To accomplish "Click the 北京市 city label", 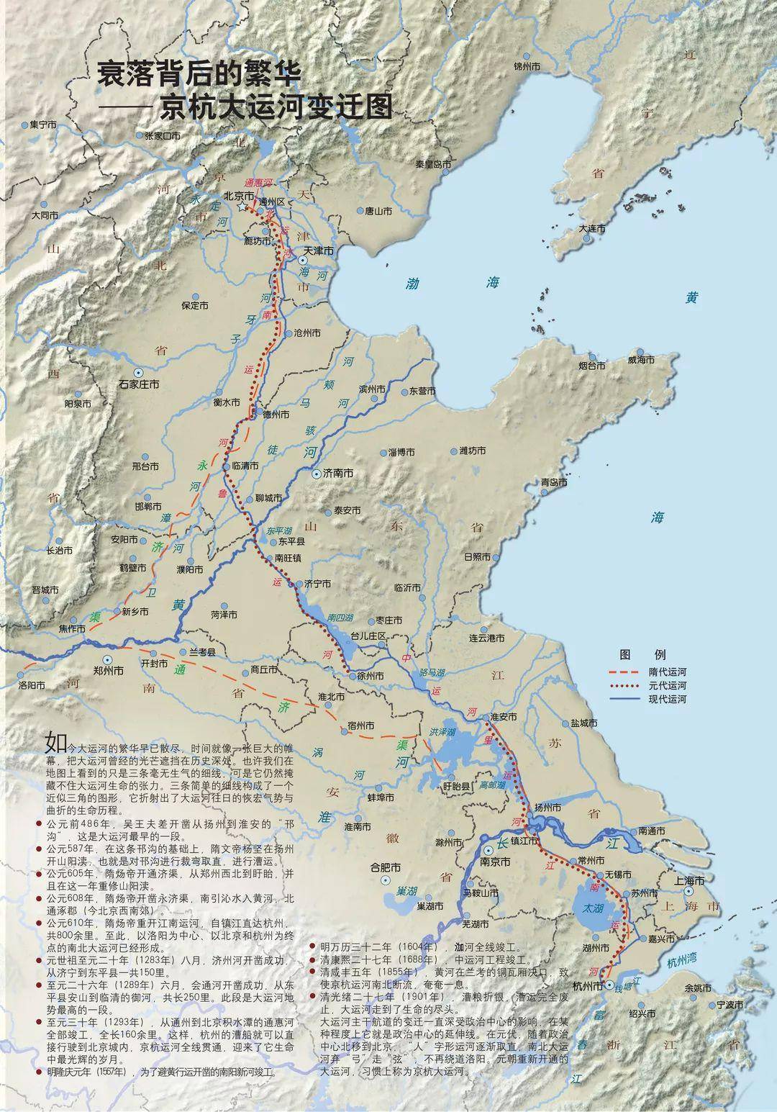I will click(x=239, y=195).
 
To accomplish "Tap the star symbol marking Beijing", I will click(x=242, y=207).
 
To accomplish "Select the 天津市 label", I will click(x=319, y=251).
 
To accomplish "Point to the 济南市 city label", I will click(x=337, y=474).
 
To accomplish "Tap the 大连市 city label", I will click(x=592, y=229).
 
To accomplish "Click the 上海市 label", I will click(x=689, y=880).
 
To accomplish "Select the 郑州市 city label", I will click(x=109, y=669).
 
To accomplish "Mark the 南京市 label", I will click(x=495, y=861).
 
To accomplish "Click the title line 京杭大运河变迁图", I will click(x=277, y=107).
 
